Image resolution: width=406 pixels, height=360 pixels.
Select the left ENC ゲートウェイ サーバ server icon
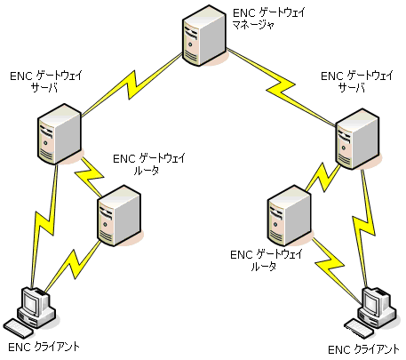point(60,134)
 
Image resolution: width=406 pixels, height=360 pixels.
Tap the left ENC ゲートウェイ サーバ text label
point(45,82)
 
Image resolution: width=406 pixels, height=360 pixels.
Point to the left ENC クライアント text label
point(42,346)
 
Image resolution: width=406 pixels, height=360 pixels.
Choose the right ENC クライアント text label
point(364,348)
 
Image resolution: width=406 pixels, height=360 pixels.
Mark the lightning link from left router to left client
point(76,262)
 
